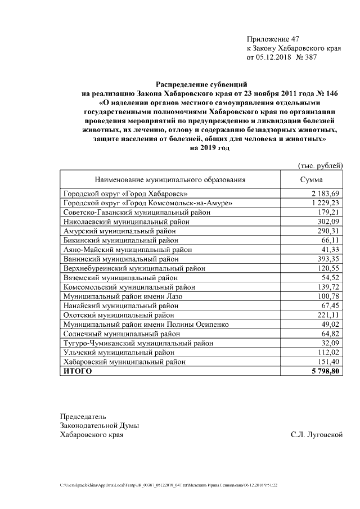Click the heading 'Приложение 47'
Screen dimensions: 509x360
pos(273,39)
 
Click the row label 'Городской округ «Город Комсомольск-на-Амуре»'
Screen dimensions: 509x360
pos(148,202)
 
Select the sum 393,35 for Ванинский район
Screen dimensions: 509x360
pos(327,259)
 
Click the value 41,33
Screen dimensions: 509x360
pos(329,249)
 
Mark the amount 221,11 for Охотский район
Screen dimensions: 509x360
pos(327,315)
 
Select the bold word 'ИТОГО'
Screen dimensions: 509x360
pos(78,372)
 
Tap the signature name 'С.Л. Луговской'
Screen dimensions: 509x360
pos(317,435)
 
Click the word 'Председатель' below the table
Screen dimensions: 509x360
pos(83,417)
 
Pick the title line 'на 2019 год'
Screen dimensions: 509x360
pos(210,148)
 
